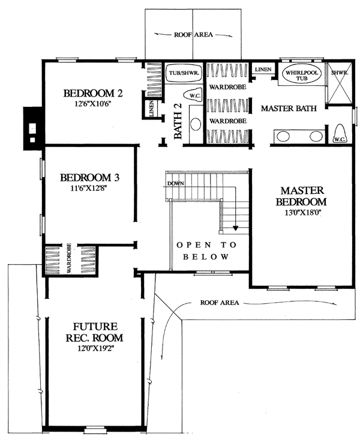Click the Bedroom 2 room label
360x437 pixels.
pos(93,94)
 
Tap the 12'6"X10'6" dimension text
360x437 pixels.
pos(93,104)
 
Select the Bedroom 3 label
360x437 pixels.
pos(90,178)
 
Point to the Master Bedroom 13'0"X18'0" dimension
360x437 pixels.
pos(302,212)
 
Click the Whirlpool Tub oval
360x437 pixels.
pos(302,74)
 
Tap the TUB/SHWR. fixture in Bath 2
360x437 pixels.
pos(184,73)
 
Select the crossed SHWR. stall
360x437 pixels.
pos(340,83)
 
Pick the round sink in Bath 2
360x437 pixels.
pos(196,124)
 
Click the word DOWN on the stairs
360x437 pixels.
pos(176,184)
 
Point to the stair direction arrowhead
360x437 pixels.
pos(236,228)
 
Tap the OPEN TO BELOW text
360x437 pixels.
pos(206,251)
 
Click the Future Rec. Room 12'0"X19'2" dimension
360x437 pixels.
pos(94,348)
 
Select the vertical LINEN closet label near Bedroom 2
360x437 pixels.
pos(152,109)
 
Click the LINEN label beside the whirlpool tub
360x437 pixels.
pos(263,69)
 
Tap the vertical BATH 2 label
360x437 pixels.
pos(178,121)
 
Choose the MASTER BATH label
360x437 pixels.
pos(289,108)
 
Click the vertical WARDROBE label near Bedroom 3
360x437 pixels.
pos(69,258)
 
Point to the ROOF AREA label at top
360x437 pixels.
pos(193,35)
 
